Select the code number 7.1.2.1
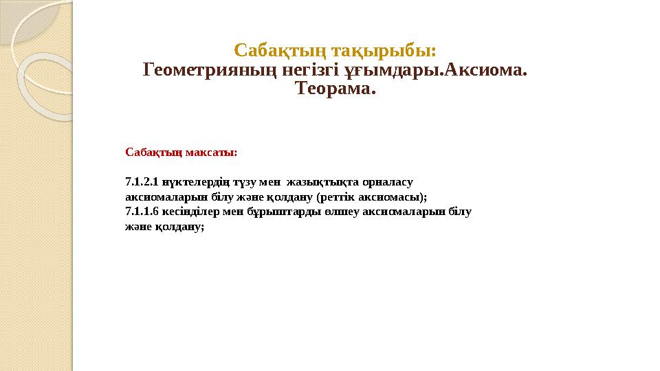[142, 183]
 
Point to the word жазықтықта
[316, 183]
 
